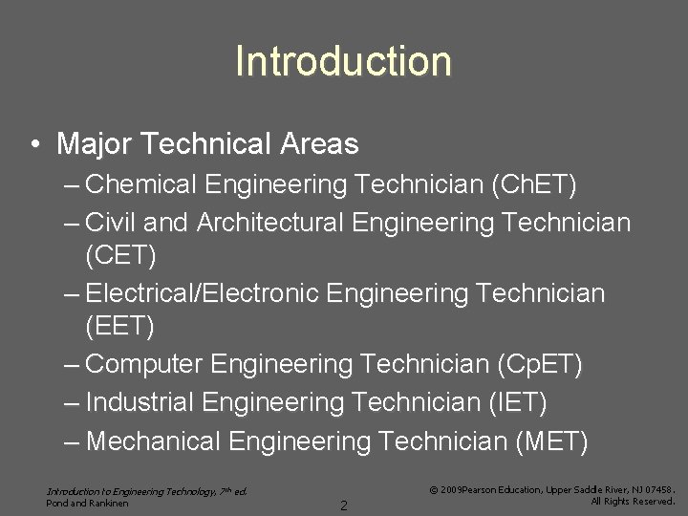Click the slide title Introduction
tap(343, 61)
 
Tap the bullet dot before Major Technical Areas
tap(33, 145)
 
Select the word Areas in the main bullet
tap(319, 144)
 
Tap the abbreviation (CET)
tap(120, 256)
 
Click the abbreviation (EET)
tap(119, 326)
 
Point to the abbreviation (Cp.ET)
tap(540, 364)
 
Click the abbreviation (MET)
tap(551, 441)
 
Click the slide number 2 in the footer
tap(344, 505)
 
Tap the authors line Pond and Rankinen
tap(87, 503)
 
